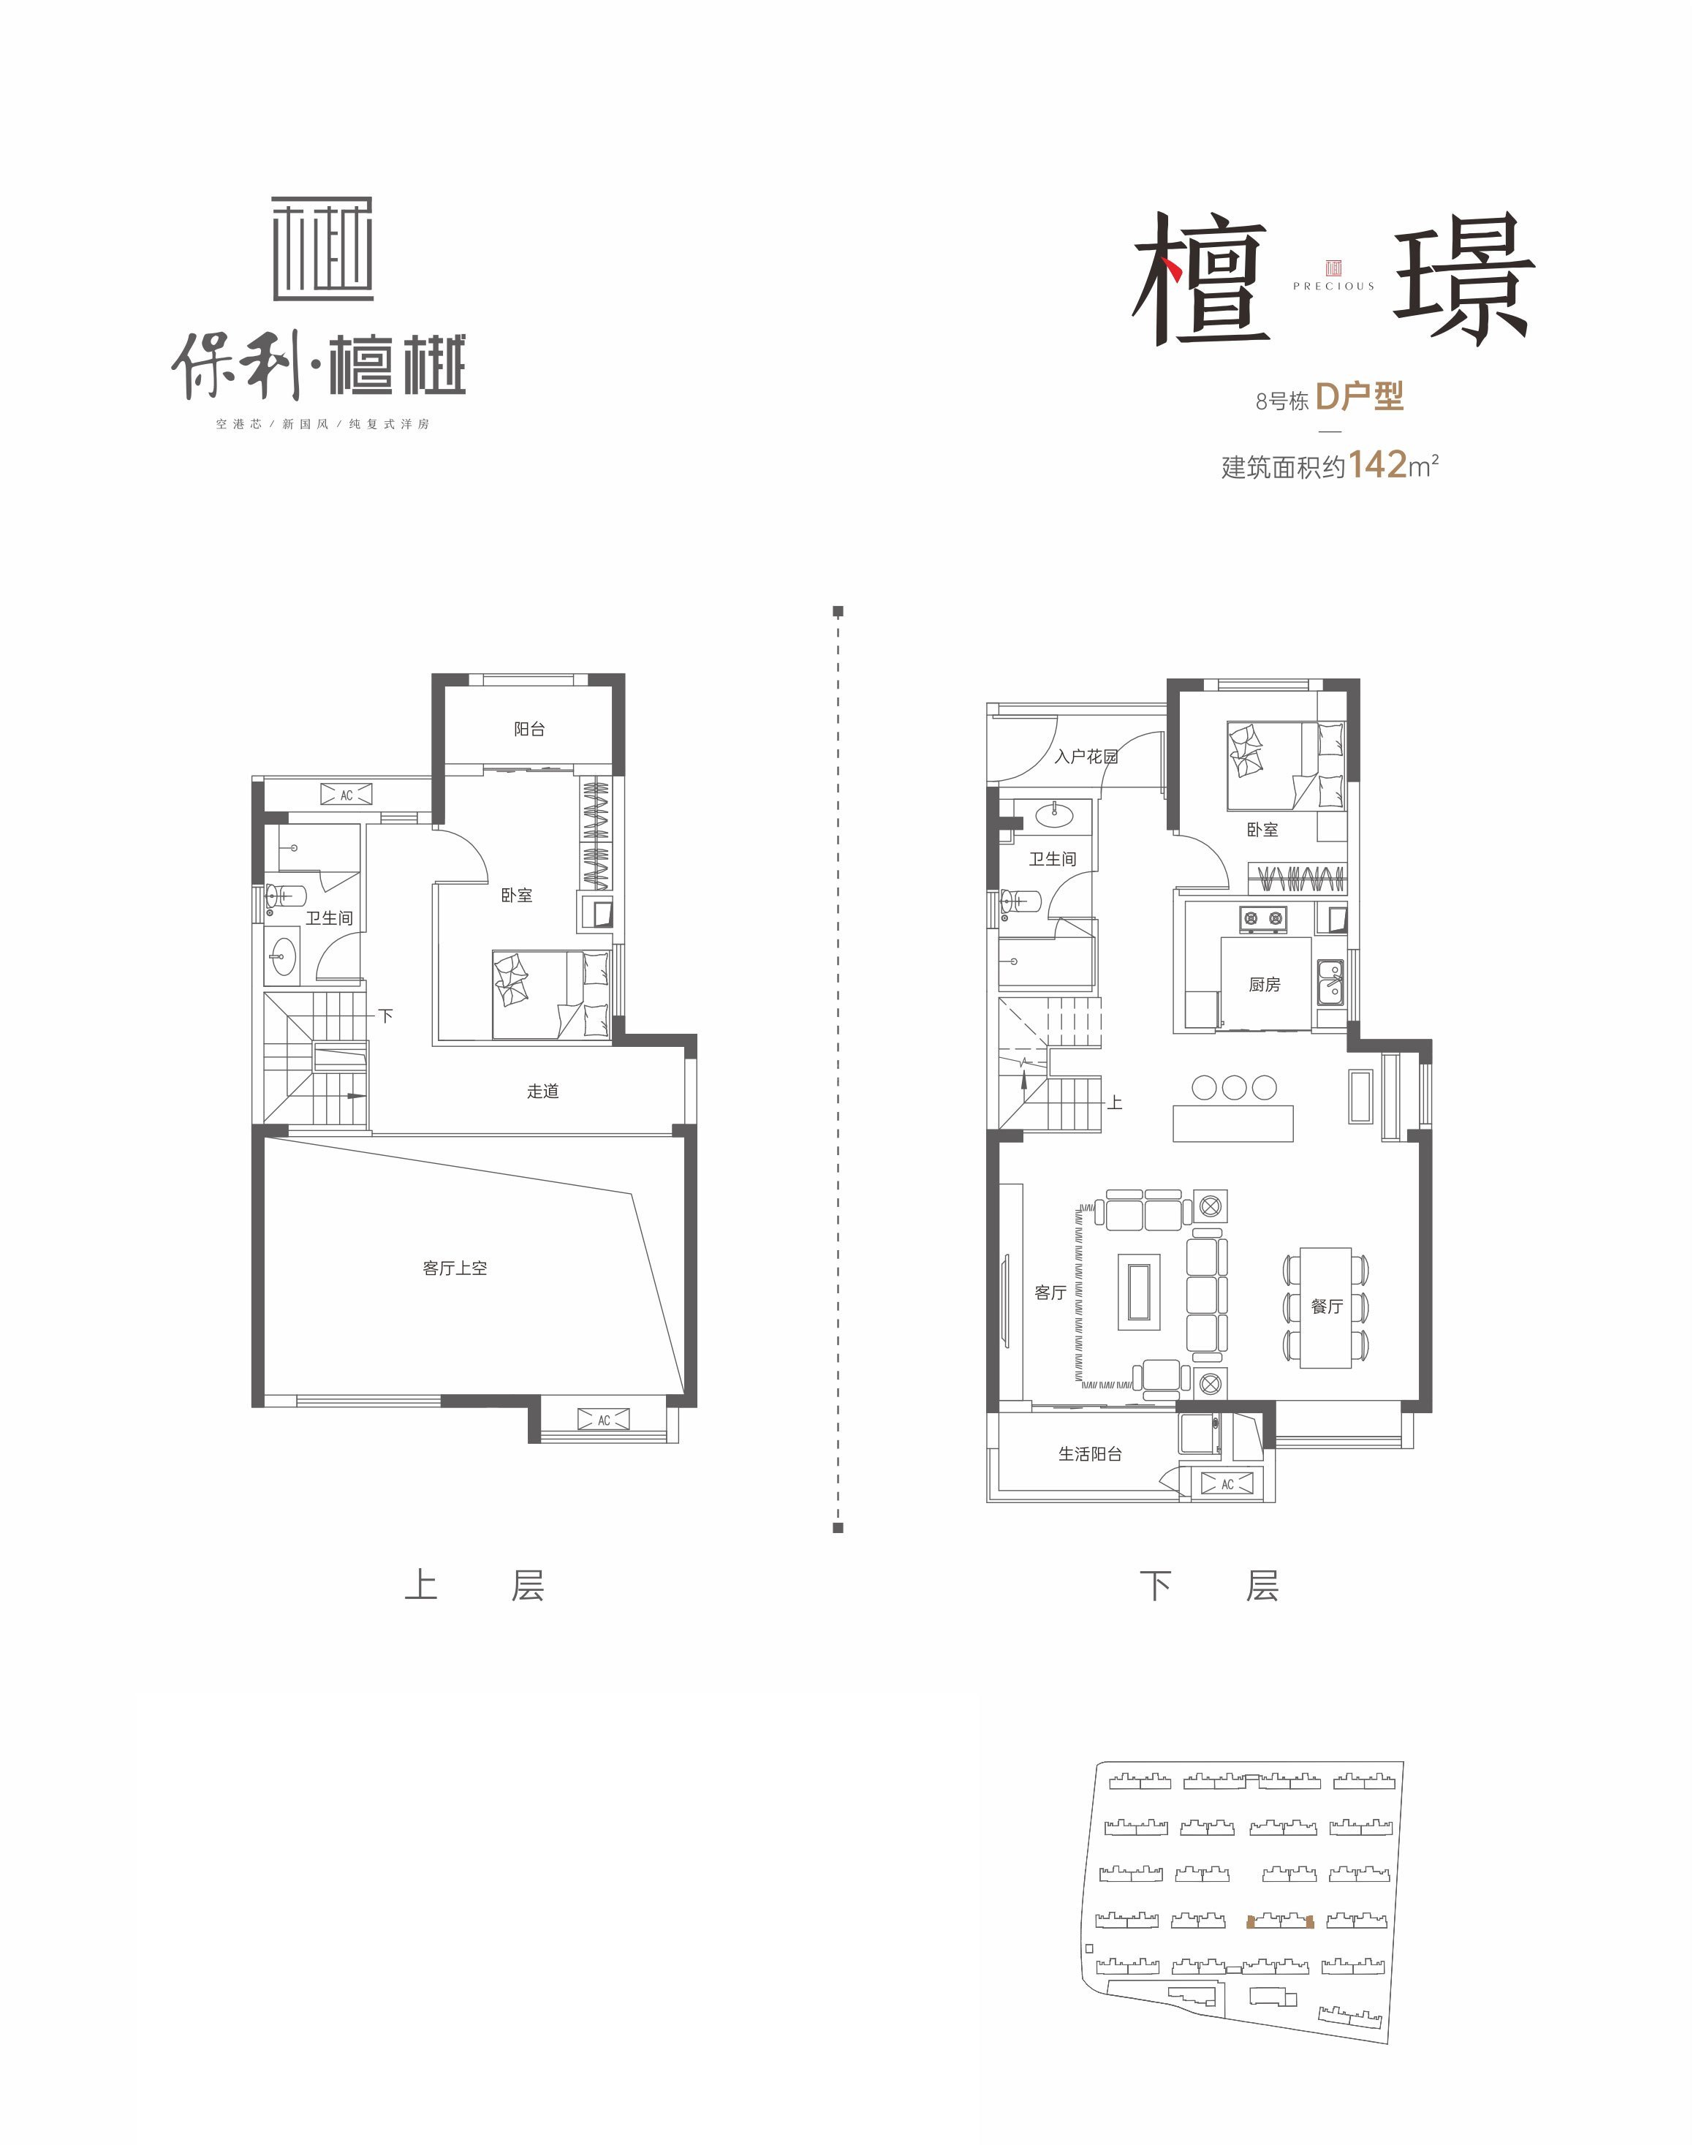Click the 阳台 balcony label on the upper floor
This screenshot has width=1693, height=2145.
point(529,730)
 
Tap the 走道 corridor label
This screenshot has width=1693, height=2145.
point(542,1092)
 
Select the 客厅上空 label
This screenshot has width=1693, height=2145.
point(454,1268)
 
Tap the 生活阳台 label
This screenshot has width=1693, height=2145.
point(1089,1454)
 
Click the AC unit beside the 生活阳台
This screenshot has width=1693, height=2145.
point(1227,1484)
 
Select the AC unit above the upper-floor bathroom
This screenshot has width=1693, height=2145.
point(346,795)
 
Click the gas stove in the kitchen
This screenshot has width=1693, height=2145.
point(1264,920)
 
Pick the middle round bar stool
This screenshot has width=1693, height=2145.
point(1234,1087)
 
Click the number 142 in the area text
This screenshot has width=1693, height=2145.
point(1378,464)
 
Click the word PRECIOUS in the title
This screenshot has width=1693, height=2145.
point(1333,287)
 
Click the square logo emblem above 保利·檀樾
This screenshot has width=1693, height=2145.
point(322,249)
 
